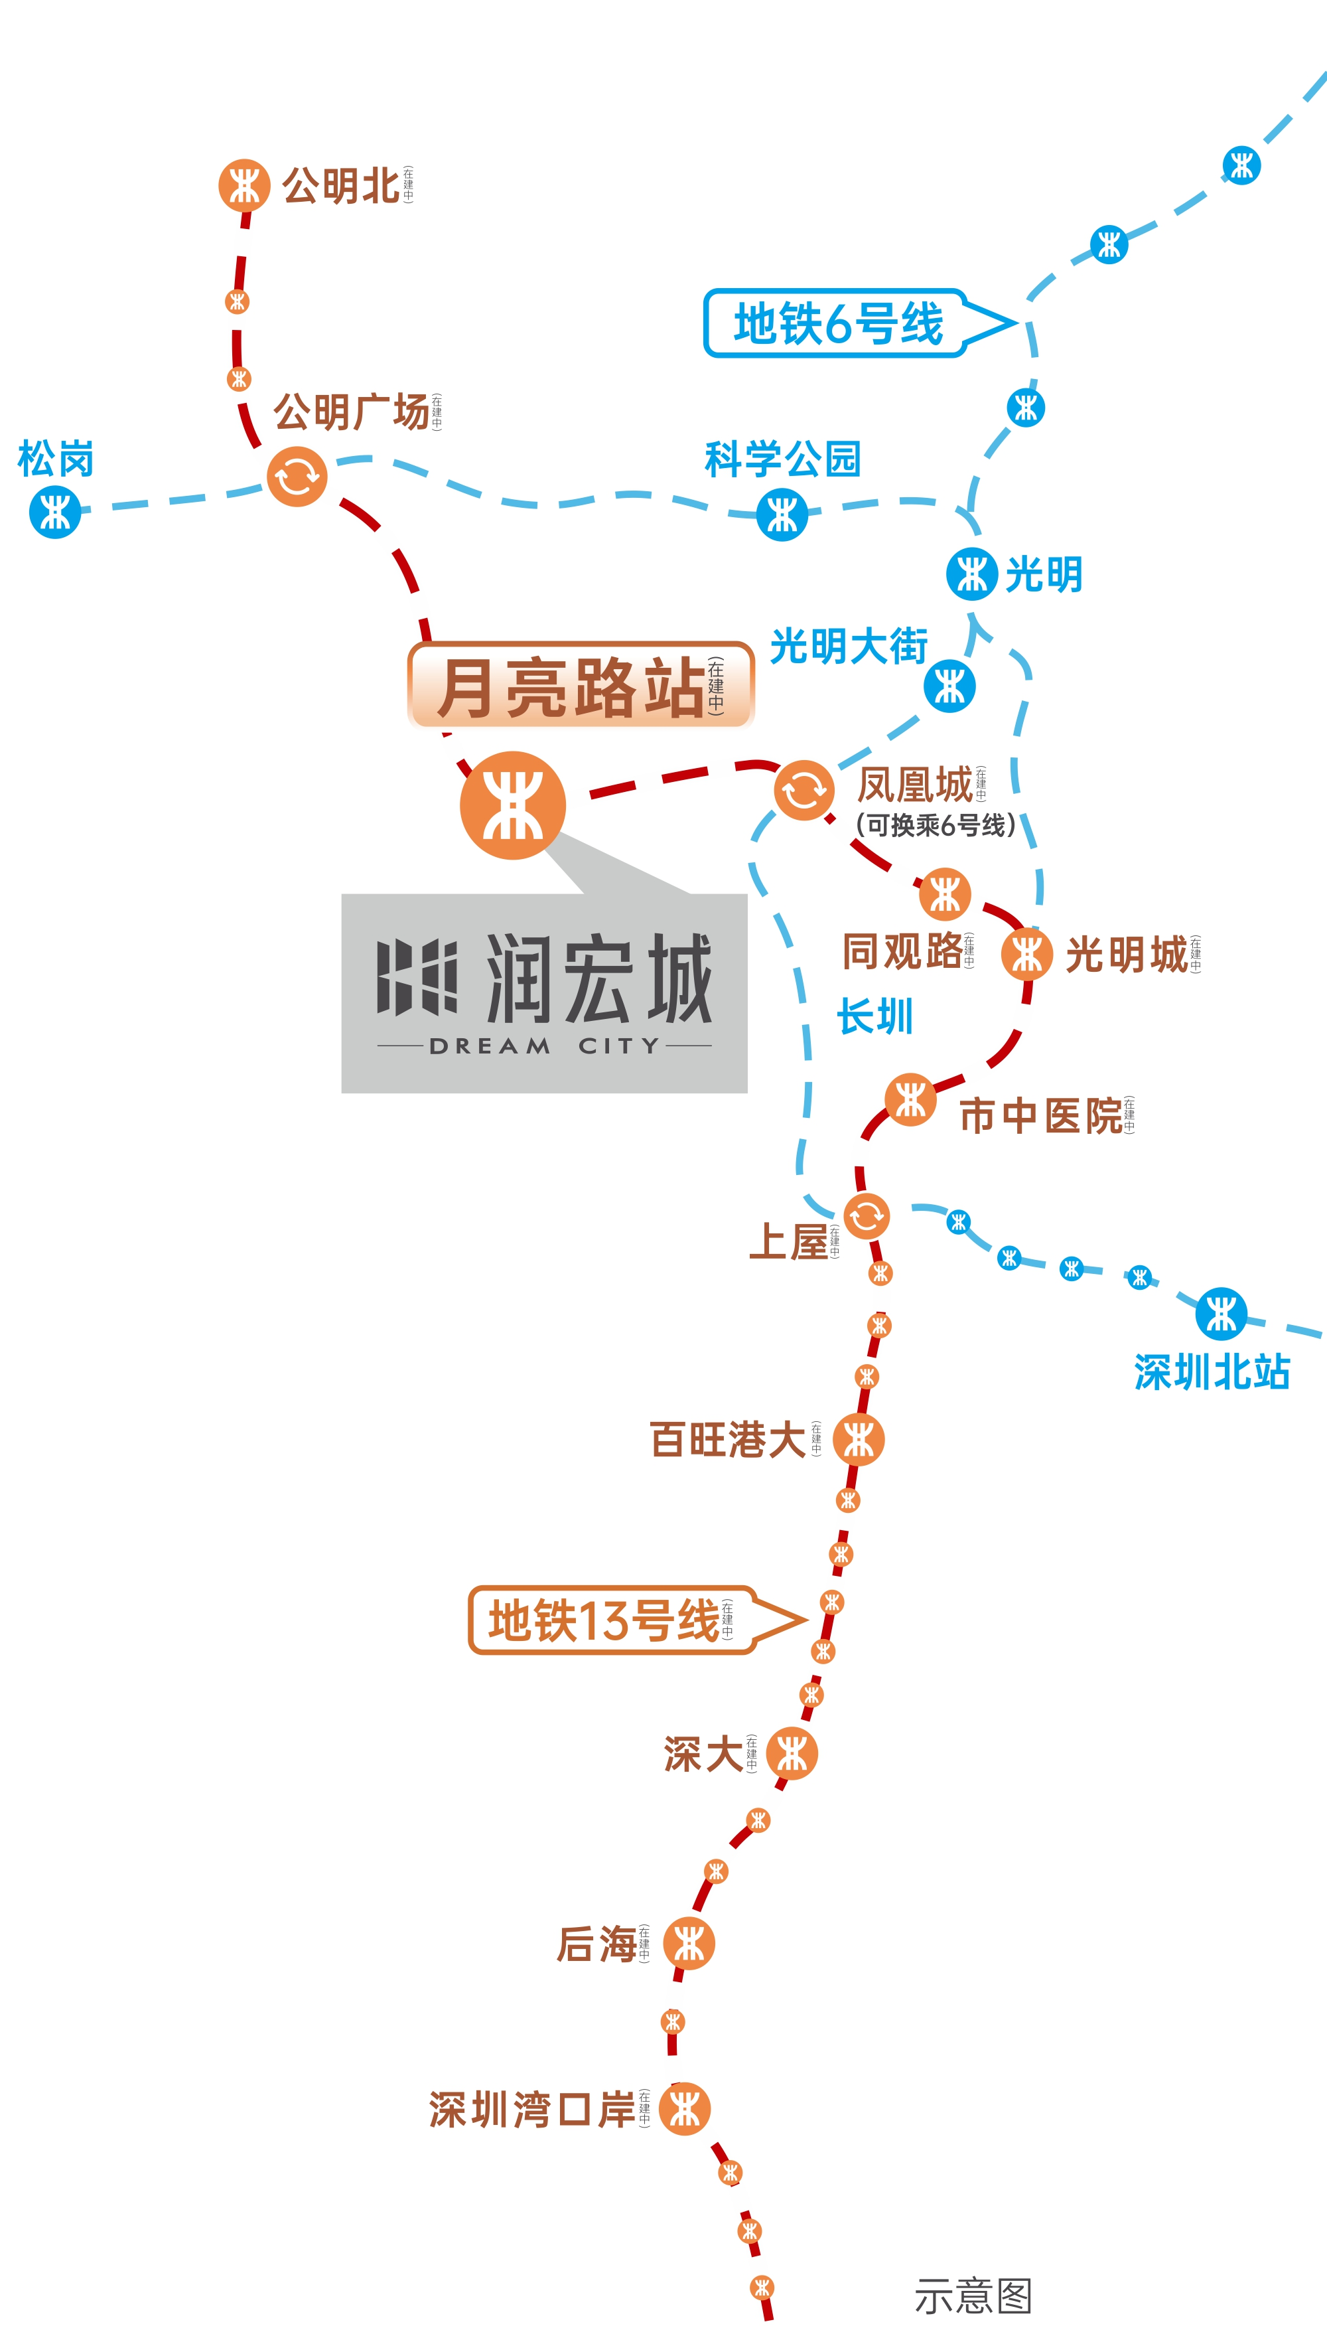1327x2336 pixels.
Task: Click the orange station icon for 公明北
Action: click(244, 186)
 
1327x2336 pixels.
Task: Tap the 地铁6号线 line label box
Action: click(837, 324)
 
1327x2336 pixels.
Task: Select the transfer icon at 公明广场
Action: click(297, 476)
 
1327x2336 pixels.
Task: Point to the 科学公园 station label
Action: click(782, 459)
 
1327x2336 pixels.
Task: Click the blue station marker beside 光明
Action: click(971, 574)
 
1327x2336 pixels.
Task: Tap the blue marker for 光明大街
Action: click(949, 686)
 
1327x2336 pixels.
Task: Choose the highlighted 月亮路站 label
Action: click(581, 686)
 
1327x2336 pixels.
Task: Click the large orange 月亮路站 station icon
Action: click(512, 805)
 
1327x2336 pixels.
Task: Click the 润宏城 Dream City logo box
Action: click(544, 993)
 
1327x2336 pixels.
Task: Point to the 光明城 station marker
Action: click(1027, 955)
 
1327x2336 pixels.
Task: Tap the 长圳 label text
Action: click(875, 1016)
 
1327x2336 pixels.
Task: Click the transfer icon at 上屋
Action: click(866, 1215)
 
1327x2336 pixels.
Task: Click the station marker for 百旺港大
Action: click(859, 1440)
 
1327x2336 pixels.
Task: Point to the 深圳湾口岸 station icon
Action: click(685, 2109)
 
